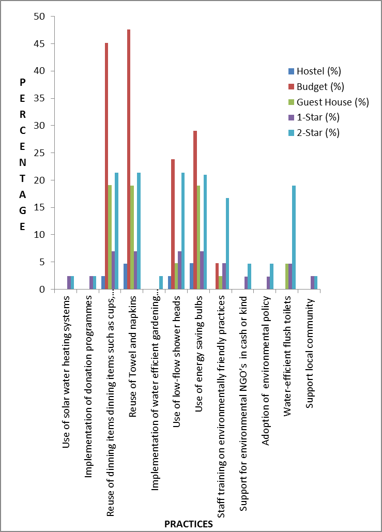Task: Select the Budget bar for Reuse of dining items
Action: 106,166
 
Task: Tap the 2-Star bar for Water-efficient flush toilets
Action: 294,237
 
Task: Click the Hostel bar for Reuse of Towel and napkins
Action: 125,277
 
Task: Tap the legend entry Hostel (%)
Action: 315,71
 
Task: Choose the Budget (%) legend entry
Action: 315,86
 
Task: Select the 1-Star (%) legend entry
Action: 314,117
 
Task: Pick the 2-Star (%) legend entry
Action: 314,132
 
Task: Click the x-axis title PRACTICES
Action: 188,524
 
